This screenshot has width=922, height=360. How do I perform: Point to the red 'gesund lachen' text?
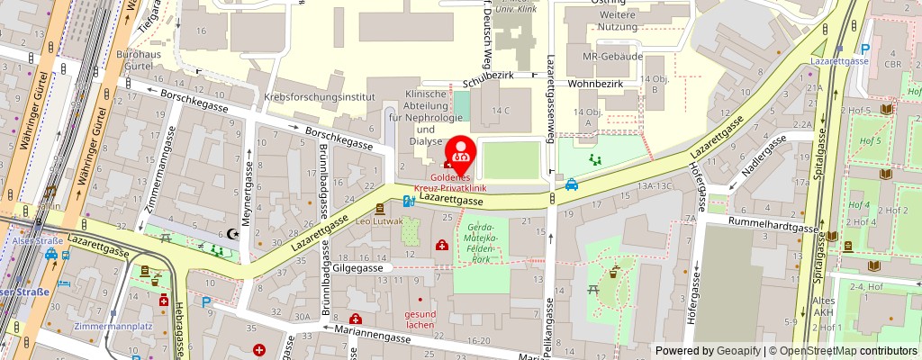click(x=420, y=319)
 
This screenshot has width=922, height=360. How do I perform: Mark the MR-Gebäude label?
click(x=612, y=56)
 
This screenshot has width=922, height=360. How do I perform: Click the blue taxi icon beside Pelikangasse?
click(x=572, y=184)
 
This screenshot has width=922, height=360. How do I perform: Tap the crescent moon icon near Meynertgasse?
click(x=237, y=234)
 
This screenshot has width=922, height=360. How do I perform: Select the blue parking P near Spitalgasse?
click(x=865, y=50)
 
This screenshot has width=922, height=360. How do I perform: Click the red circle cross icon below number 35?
click(x=260, y=349)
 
